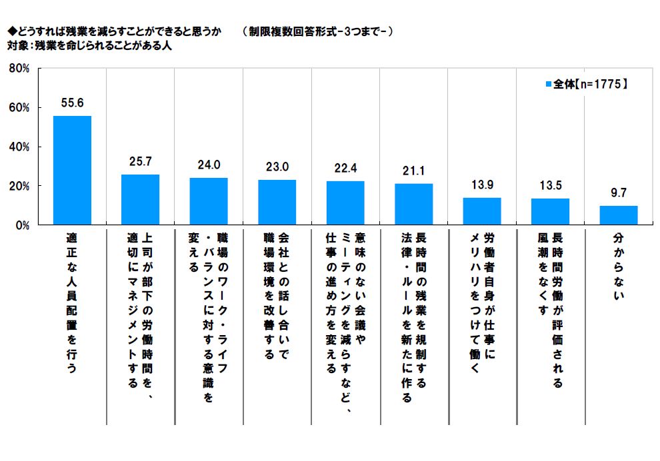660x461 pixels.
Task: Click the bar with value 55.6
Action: point(72,171)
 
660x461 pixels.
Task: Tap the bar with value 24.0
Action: point(209,201)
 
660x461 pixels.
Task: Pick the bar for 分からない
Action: point(619,215)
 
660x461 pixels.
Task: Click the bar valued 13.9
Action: point(482,211)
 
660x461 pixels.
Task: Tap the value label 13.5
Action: point(550,187)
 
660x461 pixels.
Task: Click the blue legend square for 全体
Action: point(549,85)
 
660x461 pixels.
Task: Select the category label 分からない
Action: point(619,266)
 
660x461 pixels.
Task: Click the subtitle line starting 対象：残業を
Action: point(90,47)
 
